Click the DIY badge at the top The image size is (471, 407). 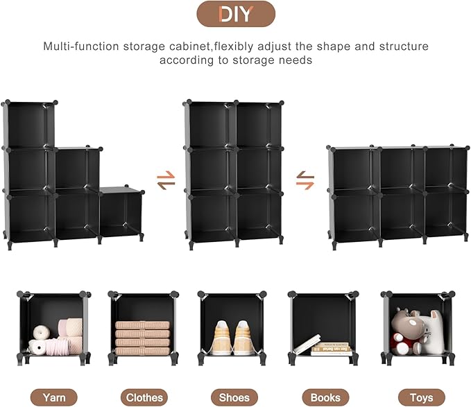click(235, 14)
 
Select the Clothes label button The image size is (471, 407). click(144, 397)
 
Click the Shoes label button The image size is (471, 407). click(234, 397)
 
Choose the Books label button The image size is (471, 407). click(325, 397)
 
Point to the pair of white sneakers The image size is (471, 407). click(232, 338)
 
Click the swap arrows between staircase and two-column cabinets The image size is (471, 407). click(166, 182)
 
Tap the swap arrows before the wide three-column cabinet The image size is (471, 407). click(305, 182)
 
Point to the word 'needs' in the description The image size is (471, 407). click(296, 60)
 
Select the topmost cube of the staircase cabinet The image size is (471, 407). click(29, 125)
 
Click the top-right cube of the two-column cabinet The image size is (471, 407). click(258, 125)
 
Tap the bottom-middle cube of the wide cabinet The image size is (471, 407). click(400, 216)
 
